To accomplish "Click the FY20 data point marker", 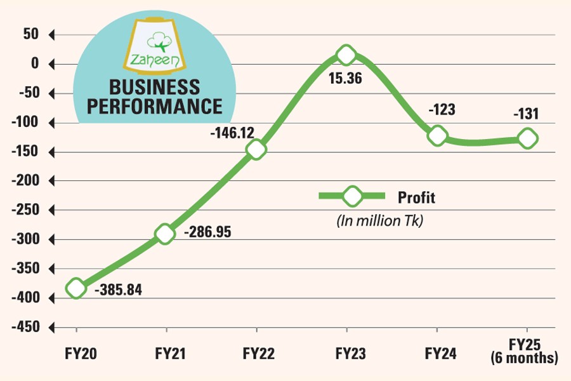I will pos(76,288).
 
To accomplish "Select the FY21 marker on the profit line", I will pos(165,234).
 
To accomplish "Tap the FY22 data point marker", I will pos(256,149).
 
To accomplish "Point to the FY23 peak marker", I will pos(346,55).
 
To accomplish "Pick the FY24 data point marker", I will pos(437,135).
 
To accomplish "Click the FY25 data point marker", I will pos(527,138).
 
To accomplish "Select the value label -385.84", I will pos(118,291).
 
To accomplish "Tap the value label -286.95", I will pos(207,232).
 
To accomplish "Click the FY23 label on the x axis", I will pos(346,352).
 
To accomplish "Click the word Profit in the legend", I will pos(417,197).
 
